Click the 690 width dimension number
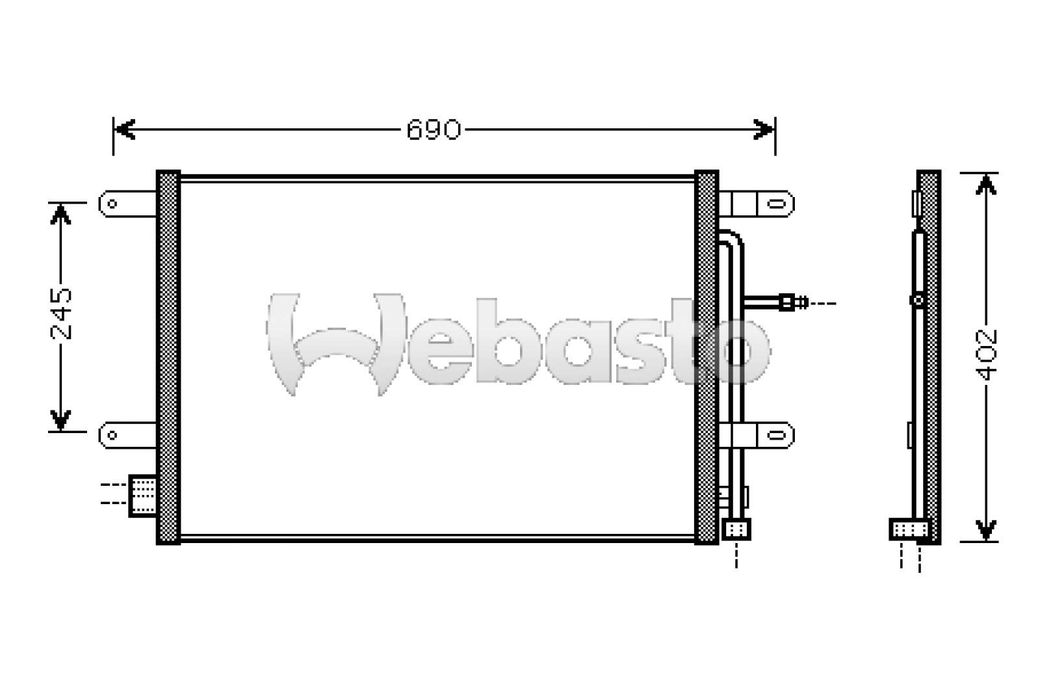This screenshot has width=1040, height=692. tap(433, 129)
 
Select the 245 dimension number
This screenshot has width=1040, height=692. tap(61, 313)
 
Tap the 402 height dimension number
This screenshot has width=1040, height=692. tap(985, 355)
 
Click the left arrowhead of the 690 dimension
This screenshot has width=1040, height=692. tap(125, 129)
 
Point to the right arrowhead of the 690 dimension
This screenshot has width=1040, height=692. tap(764, 129)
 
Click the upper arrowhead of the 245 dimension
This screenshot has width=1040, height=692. tap(60, 214)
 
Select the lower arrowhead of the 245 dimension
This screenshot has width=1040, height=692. tap(60, 420)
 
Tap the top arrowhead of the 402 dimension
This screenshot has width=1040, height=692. tap(985, 184)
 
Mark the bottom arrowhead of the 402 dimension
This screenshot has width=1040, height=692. tap(985, 530)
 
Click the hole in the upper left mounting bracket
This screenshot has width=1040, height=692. tap(112, 204)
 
